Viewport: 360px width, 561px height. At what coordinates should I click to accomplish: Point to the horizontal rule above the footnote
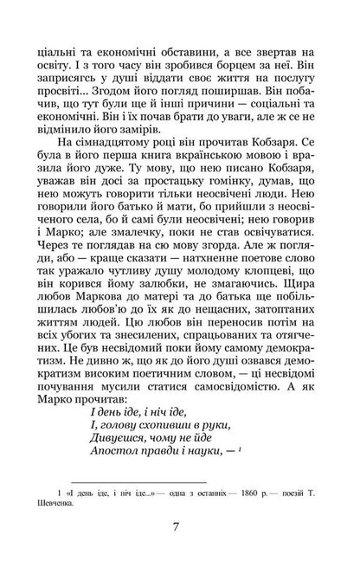[x=122, y=480]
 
